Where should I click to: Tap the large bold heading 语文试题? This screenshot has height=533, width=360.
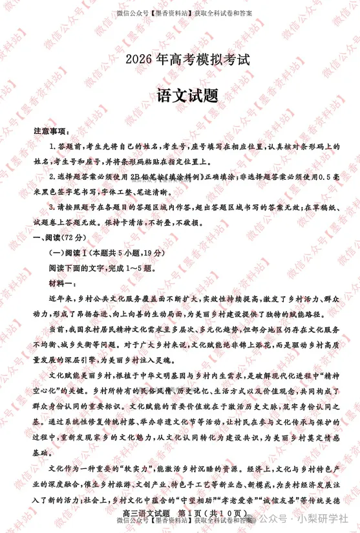[x=187, y=95]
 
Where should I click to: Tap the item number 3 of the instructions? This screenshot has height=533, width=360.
[x=52, y=207]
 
